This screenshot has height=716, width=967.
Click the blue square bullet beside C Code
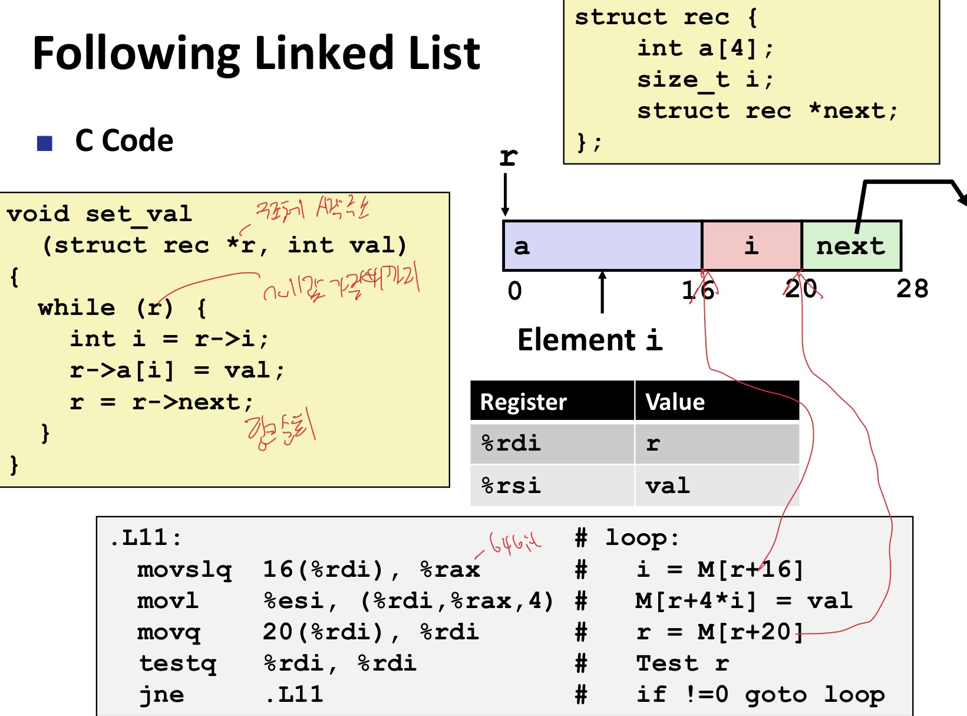pyautogui.click(x=45, y=143)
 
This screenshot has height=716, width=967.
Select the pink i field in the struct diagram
pyautogui.click(x=751, y=245)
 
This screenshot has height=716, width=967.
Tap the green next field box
pyautogui.click(x=851, y=245)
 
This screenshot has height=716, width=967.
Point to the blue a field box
pyautogui.click(x=602, y=245)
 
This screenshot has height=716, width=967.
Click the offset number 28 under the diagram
pyautogui.click(x=912, y=289)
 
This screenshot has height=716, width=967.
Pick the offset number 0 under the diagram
pyautogui.click(x=514, y=291)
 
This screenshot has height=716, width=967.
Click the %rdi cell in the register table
pyautogui.click(x=511, y=443)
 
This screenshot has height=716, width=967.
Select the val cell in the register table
pyautogui.click(x=668, y=485)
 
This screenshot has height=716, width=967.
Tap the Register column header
pyautogui.click(x=523, y=402)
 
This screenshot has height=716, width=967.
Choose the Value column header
pyautogui.click(x=675, y=402)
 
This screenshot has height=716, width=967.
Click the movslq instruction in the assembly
pyautogui.click(x=184, y=569)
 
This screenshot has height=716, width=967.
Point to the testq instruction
pyautogui.click(x=178, y=664)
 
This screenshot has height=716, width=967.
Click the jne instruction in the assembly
pyautogui.click(x=161, y=695)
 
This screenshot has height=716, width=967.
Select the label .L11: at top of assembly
pyautogui.click(x=146, y=538)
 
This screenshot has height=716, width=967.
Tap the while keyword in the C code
pyautogui.click(x=77, y=307)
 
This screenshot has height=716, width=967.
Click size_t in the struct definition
pyautogui.click(x=684, y=80)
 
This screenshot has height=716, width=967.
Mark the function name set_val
pyautogui.click(x=139, y=214)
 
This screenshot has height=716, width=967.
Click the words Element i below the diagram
pyautogui.click(x=589, y=340)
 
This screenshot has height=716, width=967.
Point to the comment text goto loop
pyautogui.click(x=814, y=695)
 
